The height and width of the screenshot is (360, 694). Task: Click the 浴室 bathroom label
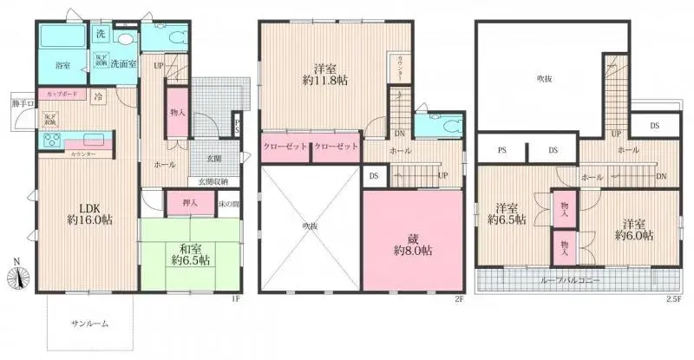tap(62, 65)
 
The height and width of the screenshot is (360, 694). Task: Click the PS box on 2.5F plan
tap(501, 149)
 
